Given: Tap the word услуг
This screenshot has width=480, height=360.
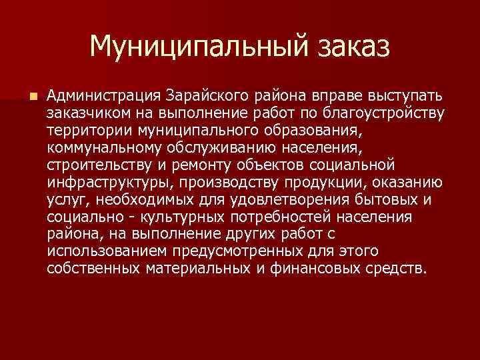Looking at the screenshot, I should coord(63,199).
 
